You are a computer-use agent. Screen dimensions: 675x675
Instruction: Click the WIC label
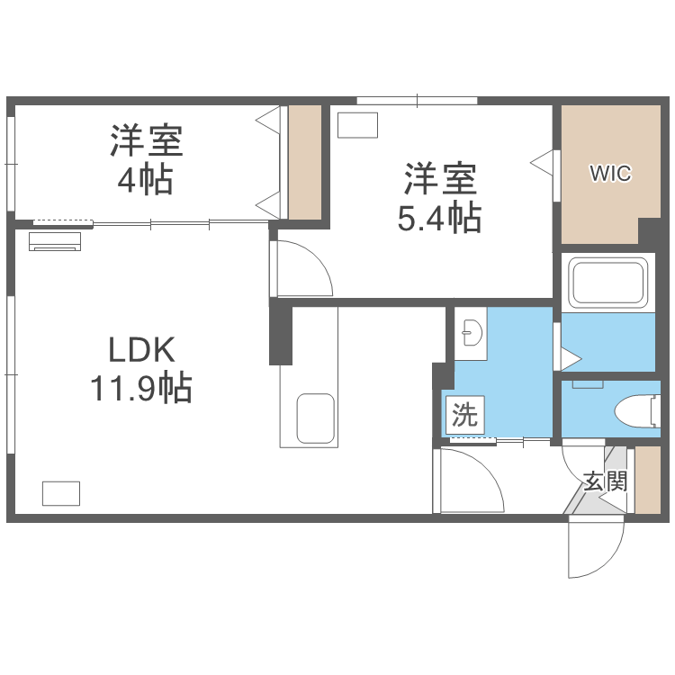(610, 174)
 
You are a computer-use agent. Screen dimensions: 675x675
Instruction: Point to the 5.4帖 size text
(439, 217)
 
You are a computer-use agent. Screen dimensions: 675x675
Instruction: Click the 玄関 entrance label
(604, 481)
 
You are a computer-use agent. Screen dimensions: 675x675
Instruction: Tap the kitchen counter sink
(315, 418)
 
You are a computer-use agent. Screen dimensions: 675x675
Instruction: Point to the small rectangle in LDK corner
(60, 493)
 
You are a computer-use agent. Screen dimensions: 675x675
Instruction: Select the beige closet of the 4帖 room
(305, 162)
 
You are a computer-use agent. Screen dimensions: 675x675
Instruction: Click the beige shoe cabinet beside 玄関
(648, 480)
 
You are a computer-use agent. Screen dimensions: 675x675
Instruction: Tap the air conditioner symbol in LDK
(55, 240)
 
